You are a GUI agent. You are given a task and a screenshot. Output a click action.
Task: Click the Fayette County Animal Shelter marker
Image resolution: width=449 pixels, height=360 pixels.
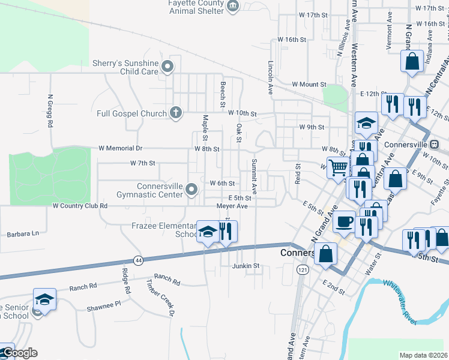point(233,7)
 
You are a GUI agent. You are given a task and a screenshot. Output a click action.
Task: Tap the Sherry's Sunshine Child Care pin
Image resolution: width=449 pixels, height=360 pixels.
point(168,67)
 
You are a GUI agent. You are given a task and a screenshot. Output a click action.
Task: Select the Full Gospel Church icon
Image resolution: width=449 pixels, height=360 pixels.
point(175,113)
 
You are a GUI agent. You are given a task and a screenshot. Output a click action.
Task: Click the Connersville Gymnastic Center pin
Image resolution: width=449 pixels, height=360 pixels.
point(191,190)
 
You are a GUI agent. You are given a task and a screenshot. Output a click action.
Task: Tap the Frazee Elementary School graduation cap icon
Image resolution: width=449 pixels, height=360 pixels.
point(208,232)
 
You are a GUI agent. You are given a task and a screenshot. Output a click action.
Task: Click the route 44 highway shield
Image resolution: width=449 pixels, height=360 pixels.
point(139,260)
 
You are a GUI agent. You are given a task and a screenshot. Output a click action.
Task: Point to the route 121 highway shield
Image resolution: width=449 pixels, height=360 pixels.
point(298,271)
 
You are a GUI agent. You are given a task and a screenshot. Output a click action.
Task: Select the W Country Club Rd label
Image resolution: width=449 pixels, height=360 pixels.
point(80,206)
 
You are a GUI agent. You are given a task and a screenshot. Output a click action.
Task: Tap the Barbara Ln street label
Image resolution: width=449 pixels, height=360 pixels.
point(22,233)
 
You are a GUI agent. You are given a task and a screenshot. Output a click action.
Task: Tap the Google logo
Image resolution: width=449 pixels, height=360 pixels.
point(20,353)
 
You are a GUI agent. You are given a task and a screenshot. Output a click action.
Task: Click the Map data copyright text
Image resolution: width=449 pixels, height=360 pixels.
point(424,355)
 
